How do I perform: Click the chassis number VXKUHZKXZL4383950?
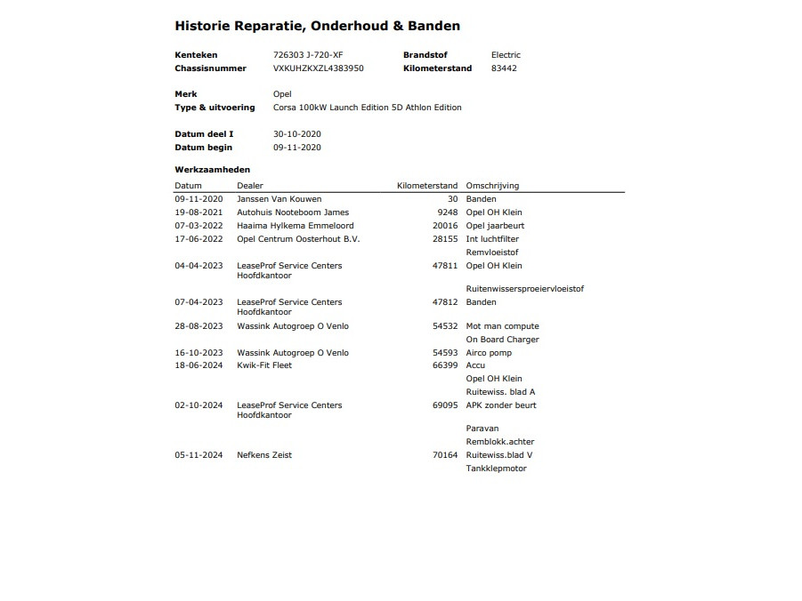tap(318, 68)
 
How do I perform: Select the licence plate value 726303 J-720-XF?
tap(308, 55)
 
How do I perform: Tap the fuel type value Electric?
tap(506, 55)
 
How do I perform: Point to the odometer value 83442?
tap(504, 68)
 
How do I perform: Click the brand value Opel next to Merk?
tap(282, 94)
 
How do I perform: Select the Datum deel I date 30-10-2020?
tap(297, 134)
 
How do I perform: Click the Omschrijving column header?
tap(492, 186)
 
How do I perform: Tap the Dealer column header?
tap(250, 186)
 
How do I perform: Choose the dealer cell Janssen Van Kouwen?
tap(279, 199)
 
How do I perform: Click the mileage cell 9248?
tap(448, 212)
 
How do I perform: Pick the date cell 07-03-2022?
tap(198, 226)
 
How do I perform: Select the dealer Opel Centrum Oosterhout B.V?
tap(298, 239)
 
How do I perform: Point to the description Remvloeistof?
tap(492, 252)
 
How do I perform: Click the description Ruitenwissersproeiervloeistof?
tap(524, 289)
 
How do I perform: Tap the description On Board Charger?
tap(502, 340)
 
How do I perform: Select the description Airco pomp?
tap(489, 353)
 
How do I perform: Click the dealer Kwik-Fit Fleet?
tap(264, 365)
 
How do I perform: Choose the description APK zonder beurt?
tap(501, 405)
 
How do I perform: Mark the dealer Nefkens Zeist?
tap(264, 455)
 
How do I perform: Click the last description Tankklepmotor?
tap(496, 469)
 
